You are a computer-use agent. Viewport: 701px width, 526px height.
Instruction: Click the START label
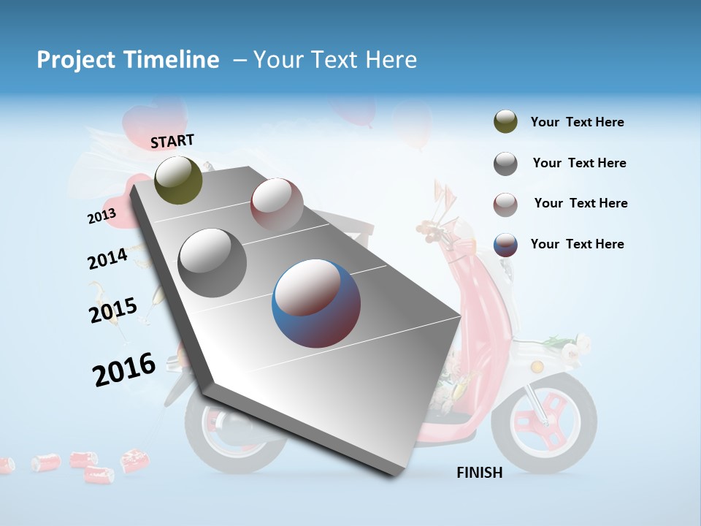pos(172,141)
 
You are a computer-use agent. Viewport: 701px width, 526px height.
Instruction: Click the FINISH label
pos(480,473)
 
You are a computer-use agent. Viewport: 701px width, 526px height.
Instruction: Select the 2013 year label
pos(101,216)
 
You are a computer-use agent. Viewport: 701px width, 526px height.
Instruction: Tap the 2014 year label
pos(107,259)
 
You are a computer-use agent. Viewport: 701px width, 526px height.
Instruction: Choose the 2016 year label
pos(124,369)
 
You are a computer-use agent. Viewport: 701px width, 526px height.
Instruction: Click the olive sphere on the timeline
pos(178,180)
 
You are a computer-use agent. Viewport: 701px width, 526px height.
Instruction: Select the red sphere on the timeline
pos(277,204)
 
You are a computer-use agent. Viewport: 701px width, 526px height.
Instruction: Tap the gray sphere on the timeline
pos(212,262)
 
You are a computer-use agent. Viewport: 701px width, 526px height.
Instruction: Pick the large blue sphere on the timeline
pos(316,303)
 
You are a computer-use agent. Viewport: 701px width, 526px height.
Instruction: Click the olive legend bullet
pos(505,122)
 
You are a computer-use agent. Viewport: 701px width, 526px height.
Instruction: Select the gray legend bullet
pos(505,164)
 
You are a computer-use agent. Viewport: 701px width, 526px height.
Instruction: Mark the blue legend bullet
pos(505,245)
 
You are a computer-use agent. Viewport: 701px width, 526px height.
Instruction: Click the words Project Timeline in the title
pos(128,60)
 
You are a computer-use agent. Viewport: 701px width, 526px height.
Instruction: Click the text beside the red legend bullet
pos(581,203)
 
